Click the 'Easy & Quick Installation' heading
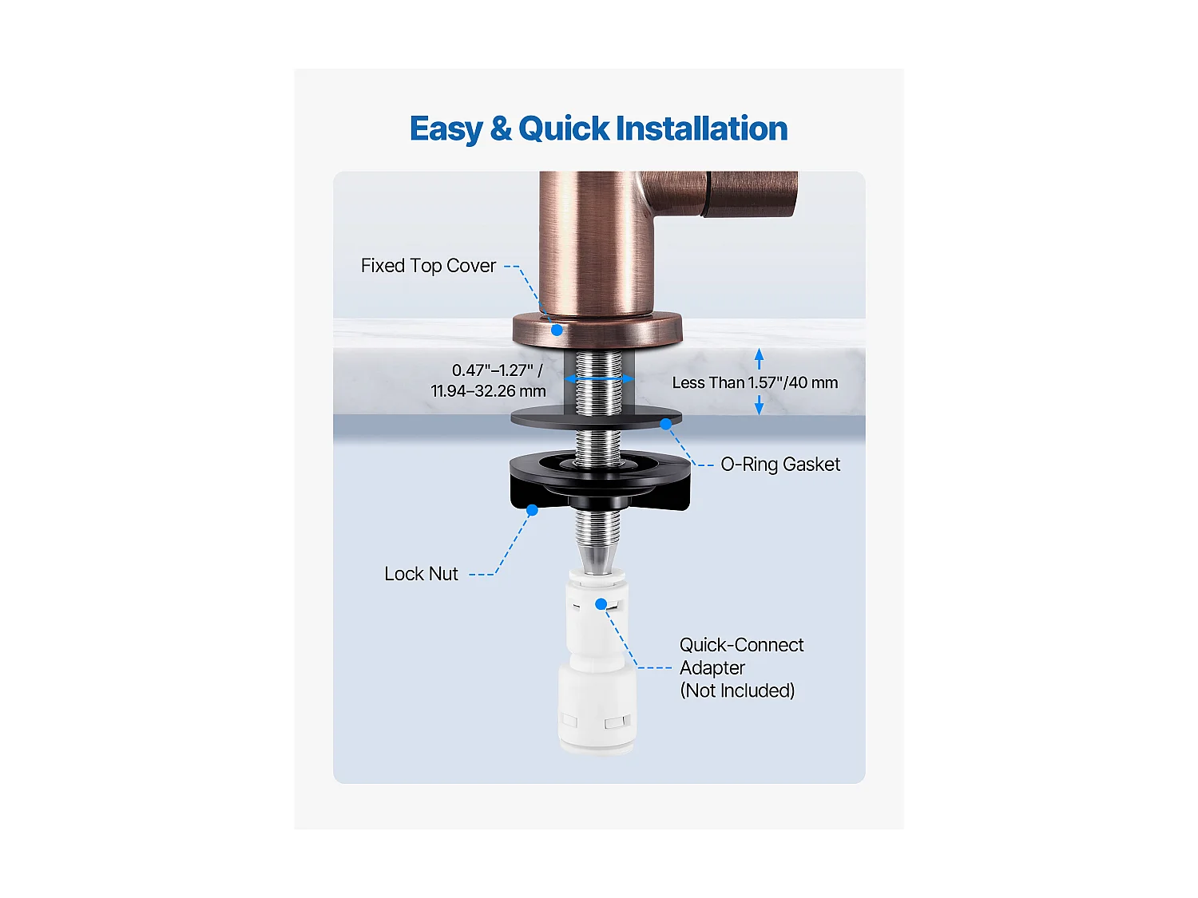point(598,129)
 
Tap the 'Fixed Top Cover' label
point(428,266)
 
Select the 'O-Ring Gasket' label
point(780,464)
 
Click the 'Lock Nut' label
point(421,574)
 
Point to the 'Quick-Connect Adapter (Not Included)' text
point(741,667)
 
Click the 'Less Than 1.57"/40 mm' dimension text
point(755,383)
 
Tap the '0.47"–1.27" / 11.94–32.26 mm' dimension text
point(489,381)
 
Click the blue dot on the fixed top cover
point(557,330)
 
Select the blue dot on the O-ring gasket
point(666,424)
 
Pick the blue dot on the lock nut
point(532,510)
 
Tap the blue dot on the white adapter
point(601,604)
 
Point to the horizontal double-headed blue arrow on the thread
point(599,378)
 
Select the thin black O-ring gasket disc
point(596,417)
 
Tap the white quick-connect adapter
point(597,662)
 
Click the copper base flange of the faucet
point(597,330)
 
